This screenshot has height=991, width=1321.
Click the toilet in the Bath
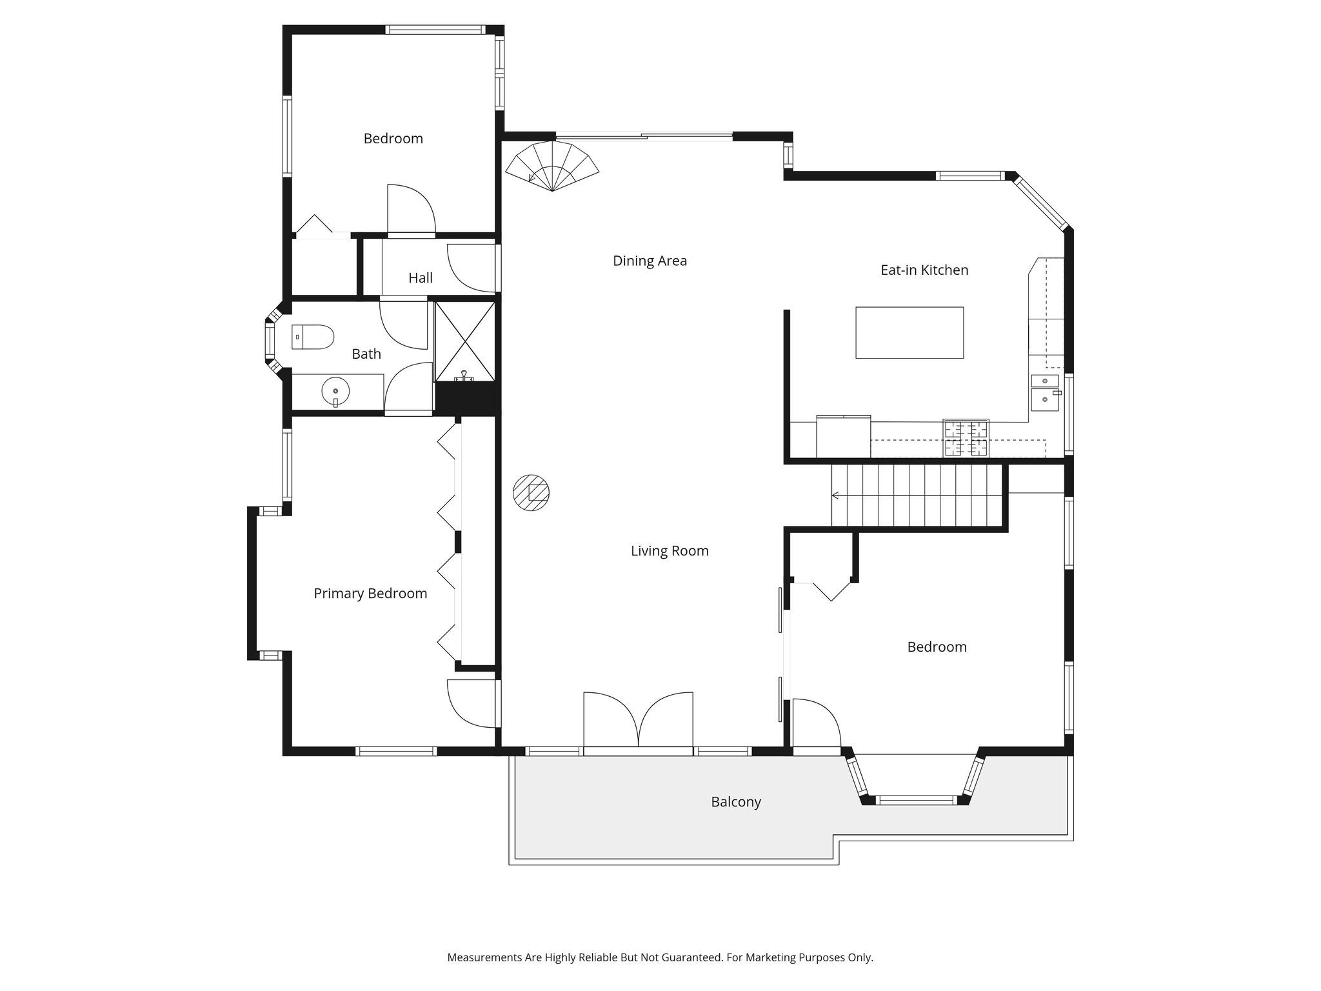click(x=313, y=337)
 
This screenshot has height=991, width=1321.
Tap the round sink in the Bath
click(x=335, y=391)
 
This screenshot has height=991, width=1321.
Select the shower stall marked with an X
click(x=464, y=341)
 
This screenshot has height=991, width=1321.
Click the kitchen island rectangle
click(x=909, y=332)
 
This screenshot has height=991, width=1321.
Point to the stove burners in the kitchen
click(x=966, y=438)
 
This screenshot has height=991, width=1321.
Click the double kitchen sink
click(x=1045, y=392)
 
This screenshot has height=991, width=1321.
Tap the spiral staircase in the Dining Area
click(x=552, y=166)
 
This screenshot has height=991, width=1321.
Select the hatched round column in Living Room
click(x=531, y=494)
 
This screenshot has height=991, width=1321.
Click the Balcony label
click(x=736, y=802)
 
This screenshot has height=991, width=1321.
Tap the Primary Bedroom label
click(x=370, y=594)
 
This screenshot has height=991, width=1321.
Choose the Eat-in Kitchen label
click(x=924, y=270)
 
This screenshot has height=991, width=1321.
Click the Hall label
click(x=421, y=278)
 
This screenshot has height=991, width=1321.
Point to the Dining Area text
click(x=650, y=261)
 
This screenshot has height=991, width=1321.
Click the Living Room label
click(x=670, y=551)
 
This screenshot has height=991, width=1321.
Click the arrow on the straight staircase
click(x=836, y=495)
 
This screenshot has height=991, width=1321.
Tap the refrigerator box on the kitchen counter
click(x=843, y=437)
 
